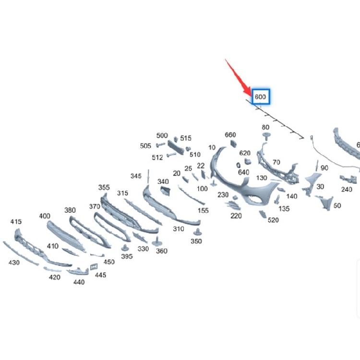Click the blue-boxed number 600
coord(260,96)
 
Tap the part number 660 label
coord(230,135)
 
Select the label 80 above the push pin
coord(265,127)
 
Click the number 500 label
coord(162,135)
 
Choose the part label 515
coord(186,138)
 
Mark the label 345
coord(136,176)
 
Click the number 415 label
coord(16,222)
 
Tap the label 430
coord(14,263)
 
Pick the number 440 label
coord(79,282)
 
